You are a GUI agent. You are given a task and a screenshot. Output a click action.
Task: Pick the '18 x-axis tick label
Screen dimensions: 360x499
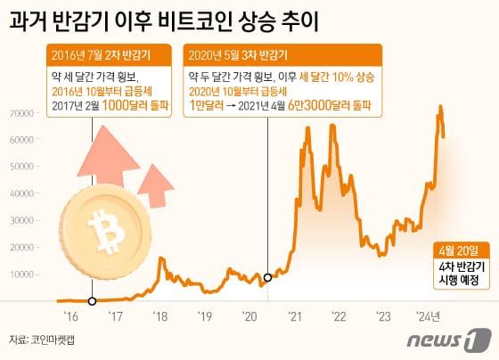click(160, 314)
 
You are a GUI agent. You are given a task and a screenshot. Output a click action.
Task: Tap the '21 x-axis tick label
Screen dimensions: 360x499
click(294, 314)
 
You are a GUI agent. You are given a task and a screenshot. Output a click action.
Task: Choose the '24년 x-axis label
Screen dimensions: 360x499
click(432, 314)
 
